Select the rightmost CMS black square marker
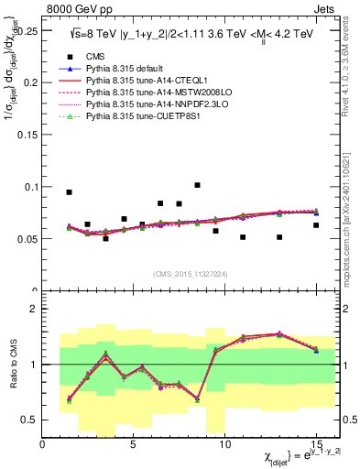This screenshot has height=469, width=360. click(x=316, y=225)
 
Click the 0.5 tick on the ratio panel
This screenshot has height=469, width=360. click(x=30, y=420)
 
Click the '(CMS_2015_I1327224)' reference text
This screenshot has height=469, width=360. click(x=189, y=274)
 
